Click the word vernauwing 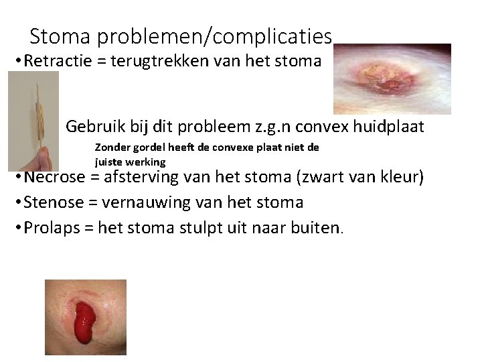pyautogui.click(x=147, y=202)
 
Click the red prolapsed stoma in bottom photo pyautogui.click(x=85, y=322)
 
